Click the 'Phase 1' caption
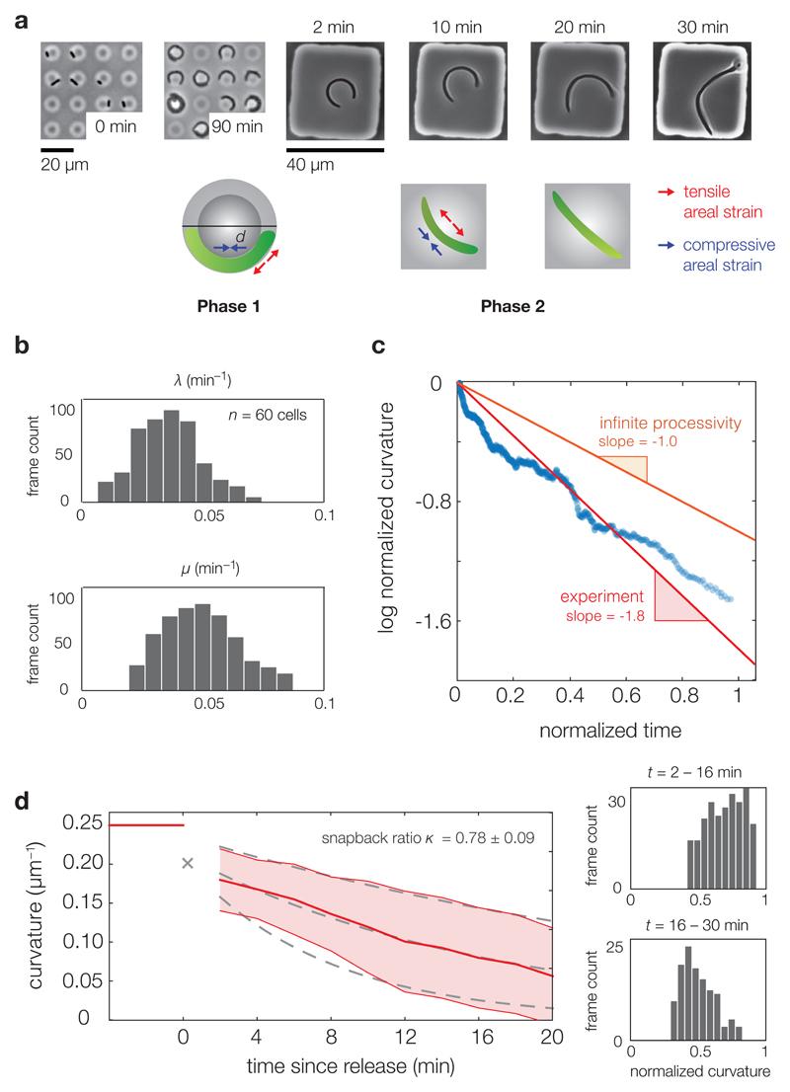click(226, 305)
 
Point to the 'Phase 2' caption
click(514, 305)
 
